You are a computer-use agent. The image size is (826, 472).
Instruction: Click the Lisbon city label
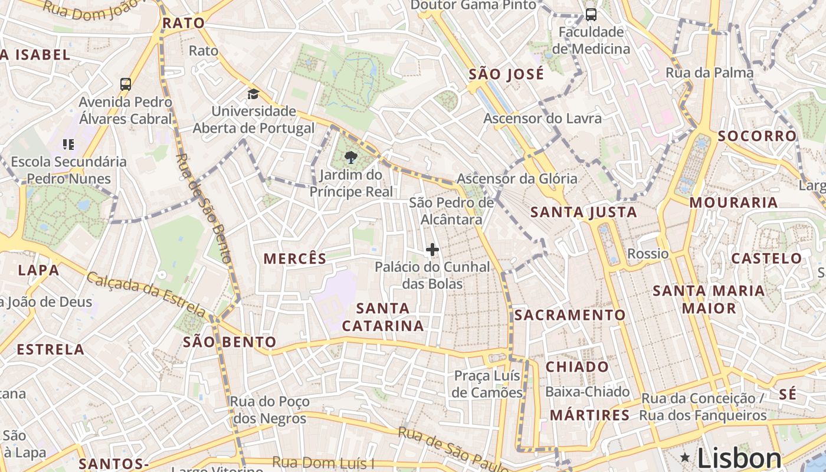pos(739,458)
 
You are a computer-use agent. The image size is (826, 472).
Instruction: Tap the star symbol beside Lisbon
pos(685,457)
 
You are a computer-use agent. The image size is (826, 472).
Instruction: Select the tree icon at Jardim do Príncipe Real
pos(351,157)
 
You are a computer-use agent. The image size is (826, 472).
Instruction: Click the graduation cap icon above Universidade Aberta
pos(253,94)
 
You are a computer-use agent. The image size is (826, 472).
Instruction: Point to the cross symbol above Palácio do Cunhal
pos(432,250)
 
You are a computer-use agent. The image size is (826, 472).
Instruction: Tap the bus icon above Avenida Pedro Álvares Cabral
pos(126,84)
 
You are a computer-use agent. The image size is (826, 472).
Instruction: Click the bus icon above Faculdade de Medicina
pos(591,15)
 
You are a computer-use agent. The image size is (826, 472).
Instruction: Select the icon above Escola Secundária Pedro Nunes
pos(68,144)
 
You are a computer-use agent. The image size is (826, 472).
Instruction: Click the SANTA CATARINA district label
pos(383,317)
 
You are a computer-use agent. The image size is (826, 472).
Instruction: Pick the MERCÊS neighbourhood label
pos(295,258)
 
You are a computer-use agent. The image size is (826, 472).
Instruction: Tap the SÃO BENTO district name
pos(230,342)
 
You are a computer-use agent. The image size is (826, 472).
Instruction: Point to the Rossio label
pos(648,254)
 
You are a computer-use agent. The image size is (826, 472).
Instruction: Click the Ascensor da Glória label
pos(517,178)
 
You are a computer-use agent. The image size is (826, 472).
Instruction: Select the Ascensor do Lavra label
pos(542,118)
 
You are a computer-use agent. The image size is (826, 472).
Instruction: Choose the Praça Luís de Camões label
pos(487,384)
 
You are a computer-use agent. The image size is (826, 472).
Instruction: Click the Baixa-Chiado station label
pos(587,392)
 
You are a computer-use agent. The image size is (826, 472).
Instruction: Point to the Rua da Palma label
pos(710,73)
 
